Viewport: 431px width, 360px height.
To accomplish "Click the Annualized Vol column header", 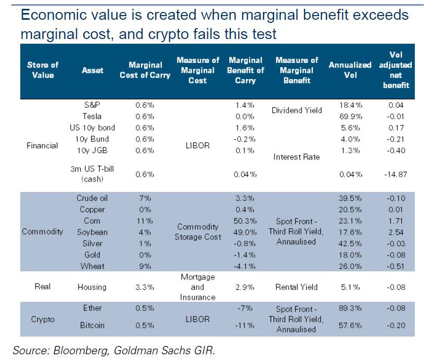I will tap(350, 70).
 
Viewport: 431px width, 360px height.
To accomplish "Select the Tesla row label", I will tap(92, 116).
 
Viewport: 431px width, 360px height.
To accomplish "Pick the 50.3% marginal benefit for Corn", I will tap(245, 221).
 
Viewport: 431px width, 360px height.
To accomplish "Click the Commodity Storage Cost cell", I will tap(198, 232).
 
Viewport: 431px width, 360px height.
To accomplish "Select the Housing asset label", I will tap(92, 287).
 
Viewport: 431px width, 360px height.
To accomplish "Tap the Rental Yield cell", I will tap(296, 287).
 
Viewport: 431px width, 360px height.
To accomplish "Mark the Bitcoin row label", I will tap(92, 325).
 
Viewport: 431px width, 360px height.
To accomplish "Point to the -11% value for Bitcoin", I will tap(245, 325).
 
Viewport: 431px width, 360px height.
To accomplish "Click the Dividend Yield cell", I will tap(296, 110).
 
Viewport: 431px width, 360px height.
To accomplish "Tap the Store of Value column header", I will tap(43, 70).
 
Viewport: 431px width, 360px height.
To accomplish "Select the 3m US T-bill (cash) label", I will tap(92, 174).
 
